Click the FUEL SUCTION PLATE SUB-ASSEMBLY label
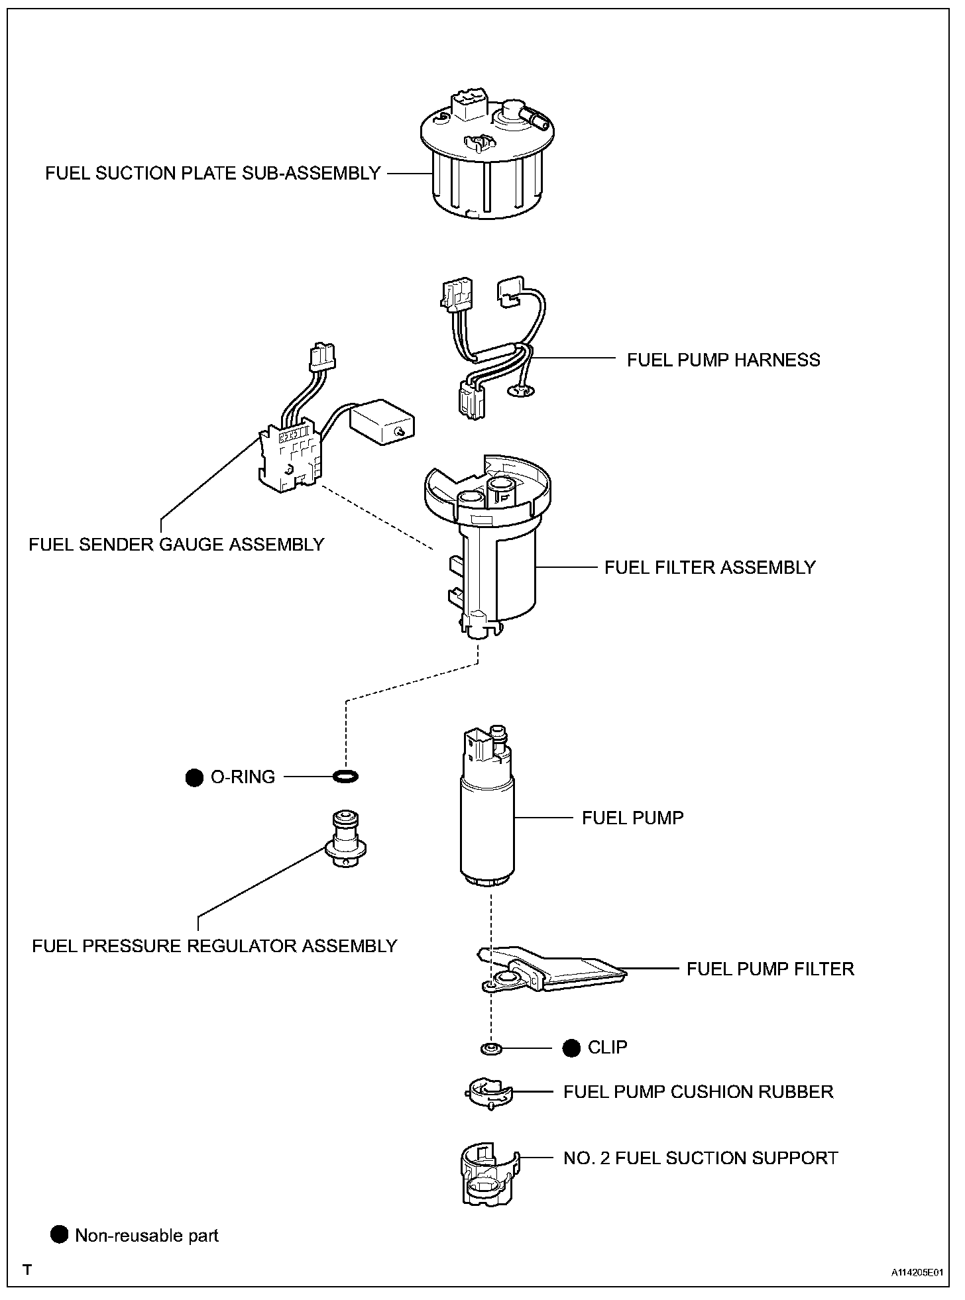tap(213, 174)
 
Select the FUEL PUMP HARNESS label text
tap(723, 360)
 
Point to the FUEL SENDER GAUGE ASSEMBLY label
tap(176, 544)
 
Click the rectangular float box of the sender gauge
tap(382, 422)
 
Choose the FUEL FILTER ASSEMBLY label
tap(709, 567)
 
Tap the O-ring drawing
tap(345, 775)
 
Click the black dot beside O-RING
tap(194, 777)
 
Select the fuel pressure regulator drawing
tap(345, 840)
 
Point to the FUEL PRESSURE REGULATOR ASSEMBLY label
tap(214, 946)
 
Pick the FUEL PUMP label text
tap(632, 818)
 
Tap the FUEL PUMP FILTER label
tap(770, 969)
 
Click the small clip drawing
tap(490, 1049)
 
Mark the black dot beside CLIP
tap(571, 1048)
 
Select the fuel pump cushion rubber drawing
tap(488, 1093)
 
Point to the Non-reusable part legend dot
tap(60, 1234)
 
